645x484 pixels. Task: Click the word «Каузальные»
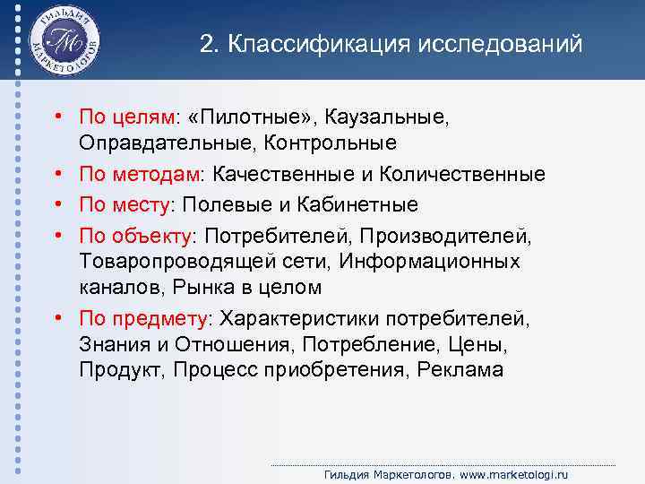point(389,117)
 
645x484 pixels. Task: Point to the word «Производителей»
point(453,237)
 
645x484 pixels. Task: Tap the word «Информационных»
point(443,263)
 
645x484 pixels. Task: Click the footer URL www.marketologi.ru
point(523,473)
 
